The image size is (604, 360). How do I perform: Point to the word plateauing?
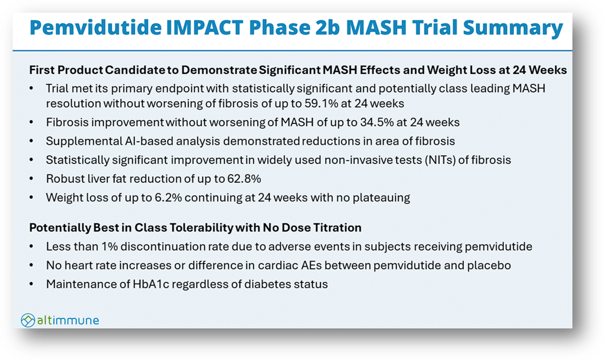coord(380,197)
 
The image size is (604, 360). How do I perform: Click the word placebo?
coord(489,265)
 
